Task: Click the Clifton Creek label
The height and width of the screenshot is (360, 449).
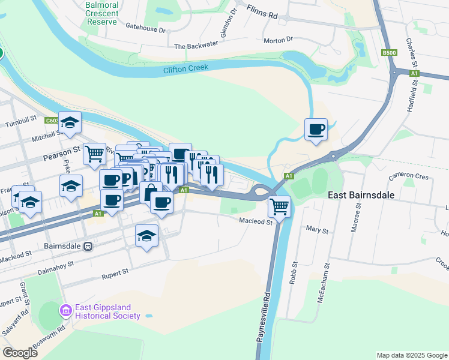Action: point(185,69)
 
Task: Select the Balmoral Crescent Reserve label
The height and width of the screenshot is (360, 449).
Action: point(101,13)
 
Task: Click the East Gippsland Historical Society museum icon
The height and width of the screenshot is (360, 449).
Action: point(65,311)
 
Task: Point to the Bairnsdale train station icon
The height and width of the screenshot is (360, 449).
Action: point(88,246)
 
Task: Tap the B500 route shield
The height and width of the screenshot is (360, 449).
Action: point(389,53)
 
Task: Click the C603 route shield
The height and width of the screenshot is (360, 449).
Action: point(51,121)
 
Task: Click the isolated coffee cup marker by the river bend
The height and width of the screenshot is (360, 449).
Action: point(316,129)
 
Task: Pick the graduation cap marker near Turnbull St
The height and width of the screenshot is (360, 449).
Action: point(70,123)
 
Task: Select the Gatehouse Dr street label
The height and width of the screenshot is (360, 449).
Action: point(145,27)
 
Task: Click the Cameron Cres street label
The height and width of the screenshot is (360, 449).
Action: point(408,177)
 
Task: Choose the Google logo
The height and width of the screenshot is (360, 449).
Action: point(20,353)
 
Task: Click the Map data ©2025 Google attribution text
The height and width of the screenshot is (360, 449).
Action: point(411,355)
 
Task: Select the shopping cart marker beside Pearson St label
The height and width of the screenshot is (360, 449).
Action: point(94,154)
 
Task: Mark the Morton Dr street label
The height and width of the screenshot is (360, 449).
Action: point(278,40)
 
